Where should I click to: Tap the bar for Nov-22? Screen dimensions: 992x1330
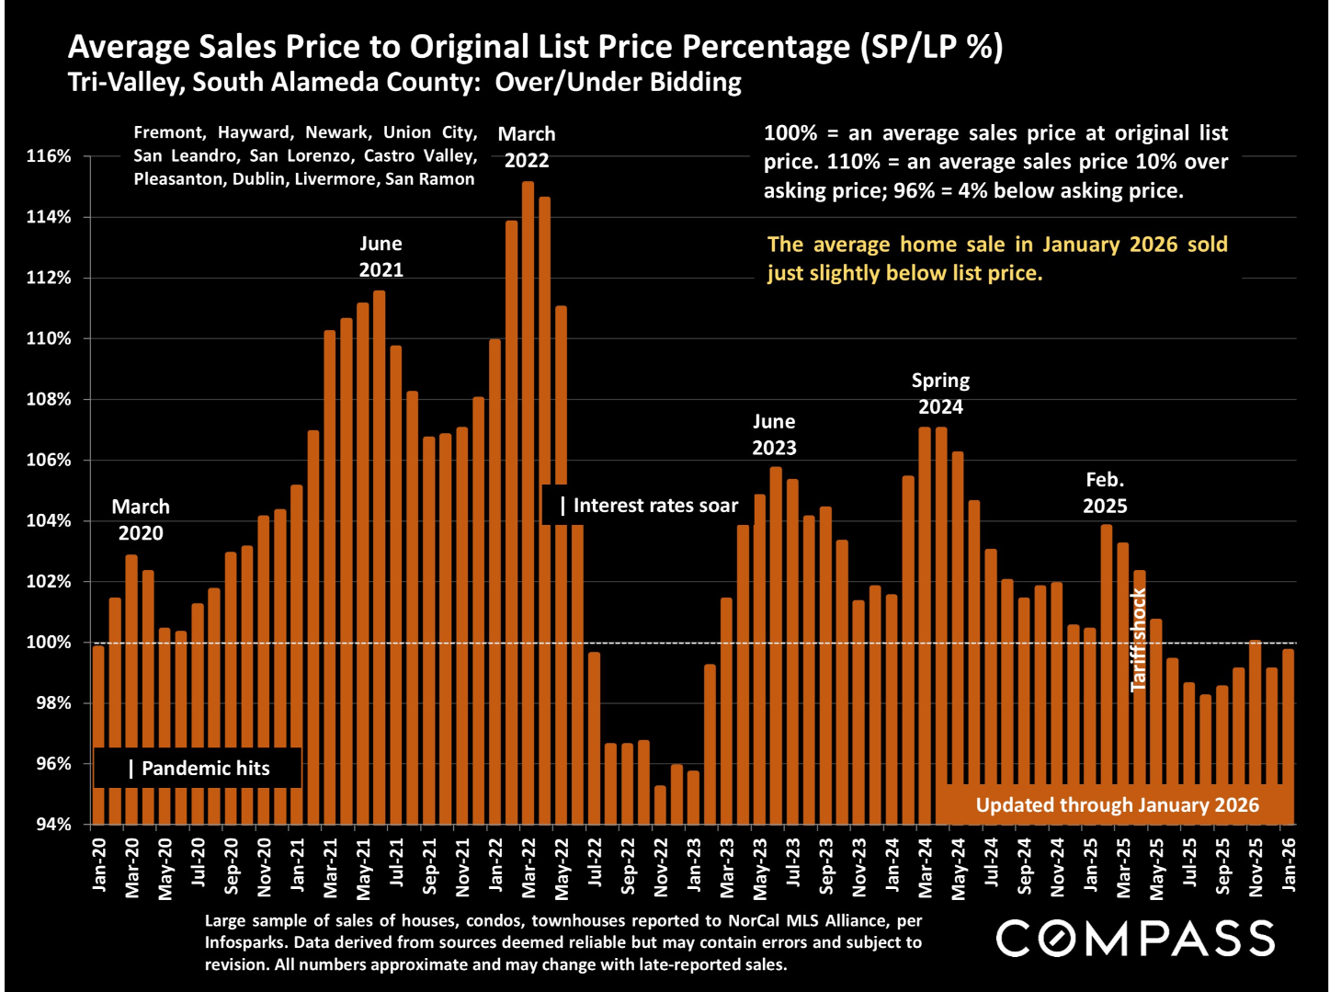pos(660,804)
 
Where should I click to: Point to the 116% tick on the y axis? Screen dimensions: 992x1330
pos(49,156)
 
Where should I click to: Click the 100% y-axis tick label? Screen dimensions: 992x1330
pos(49,643)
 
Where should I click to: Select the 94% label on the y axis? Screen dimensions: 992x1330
pos(53,825)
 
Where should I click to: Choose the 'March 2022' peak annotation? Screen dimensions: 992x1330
pos(527,147)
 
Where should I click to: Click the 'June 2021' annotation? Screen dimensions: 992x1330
pos(381,257)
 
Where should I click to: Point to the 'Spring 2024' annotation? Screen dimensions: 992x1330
pos(940,393)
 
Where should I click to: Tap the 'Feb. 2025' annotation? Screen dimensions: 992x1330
pos(1105,493)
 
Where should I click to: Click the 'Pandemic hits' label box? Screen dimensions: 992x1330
pos(198,769)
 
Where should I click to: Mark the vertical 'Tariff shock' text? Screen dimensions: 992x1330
pos(1139,640)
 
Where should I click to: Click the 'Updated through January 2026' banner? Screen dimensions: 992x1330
pos(1117,805)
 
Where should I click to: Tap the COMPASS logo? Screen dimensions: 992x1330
pos(1135,939)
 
